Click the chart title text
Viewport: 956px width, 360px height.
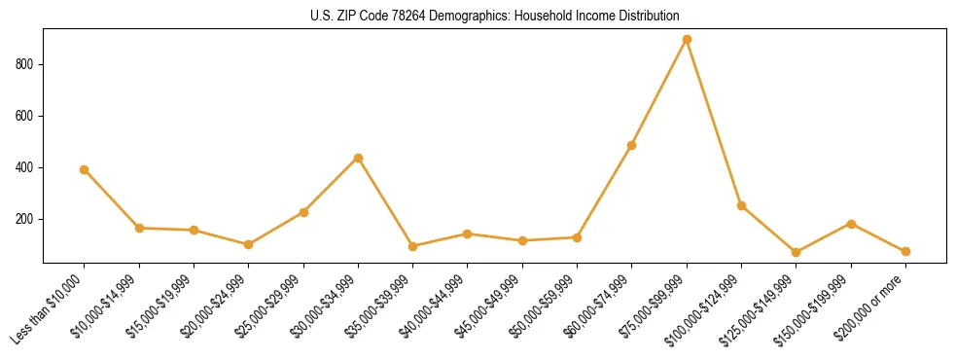[x=494, y=16]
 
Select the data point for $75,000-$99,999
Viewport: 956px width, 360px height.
[x=687, y=40]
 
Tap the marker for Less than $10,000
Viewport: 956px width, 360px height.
[x=85, y=169]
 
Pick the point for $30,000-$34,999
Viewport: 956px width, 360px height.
[x=358, y=158]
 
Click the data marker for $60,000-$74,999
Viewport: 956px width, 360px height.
[x=632, y=145]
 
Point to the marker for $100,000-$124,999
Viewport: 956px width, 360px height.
[x=741, y=205]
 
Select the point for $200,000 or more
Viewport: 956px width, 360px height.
[x=905, y=251]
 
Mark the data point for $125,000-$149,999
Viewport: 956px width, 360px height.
[x=796, y=252]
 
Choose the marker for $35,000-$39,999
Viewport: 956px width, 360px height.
[x=413, y=246]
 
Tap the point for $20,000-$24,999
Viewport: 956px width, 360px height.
[x=249, y=244]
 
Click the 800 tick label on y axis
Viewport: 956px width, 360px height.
[x=27, y=64]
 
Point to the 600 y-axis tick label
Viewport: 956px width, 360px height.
[x=27, y=116]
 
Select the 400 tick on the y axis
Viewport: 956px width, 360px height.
[x=27, y=167]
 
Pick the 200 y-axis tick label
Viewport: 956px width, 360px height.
[x=27, y=219]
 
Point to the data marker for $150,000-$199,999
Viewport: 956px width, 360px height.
[x=851, y=224]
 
